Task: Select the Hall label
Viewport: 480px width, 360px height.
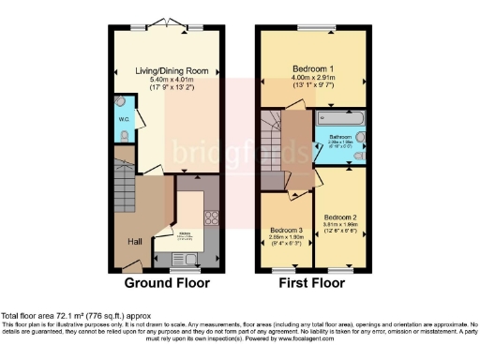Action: point(135,241)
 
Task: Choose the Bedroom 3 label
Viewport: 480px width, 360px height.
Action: point(287,231)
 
